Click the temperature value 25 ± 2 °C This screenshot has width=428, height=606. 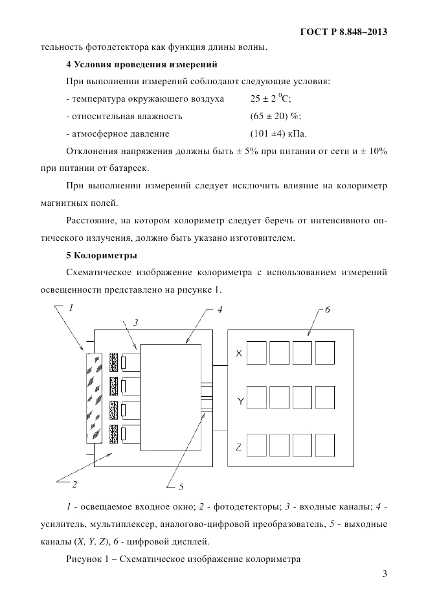click(x=271, y=99)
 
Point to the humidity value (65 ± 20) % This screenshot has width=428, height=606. click(x=275, y=117)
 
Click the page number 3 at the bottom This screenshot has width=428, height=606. click(x=384, y=573)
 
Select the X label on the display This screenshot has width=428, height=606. click(x=238, y=353)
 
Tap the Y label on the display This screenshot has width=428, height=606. click(x=240, y=402)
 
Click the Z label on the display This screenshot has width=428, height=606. click(x=238, y=447)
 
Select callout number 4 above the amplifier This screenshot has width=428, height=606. click(x=220, y=310)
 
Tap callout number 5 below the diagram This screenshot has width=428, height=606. click(x=181, y=486)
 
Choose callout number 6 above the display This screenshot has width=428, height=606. click(x=328, y=310)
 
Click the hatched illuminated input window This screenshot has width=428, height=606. click(x=94, y=397)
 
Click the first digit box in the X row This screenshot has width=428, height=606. click(x=256, y=353)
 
